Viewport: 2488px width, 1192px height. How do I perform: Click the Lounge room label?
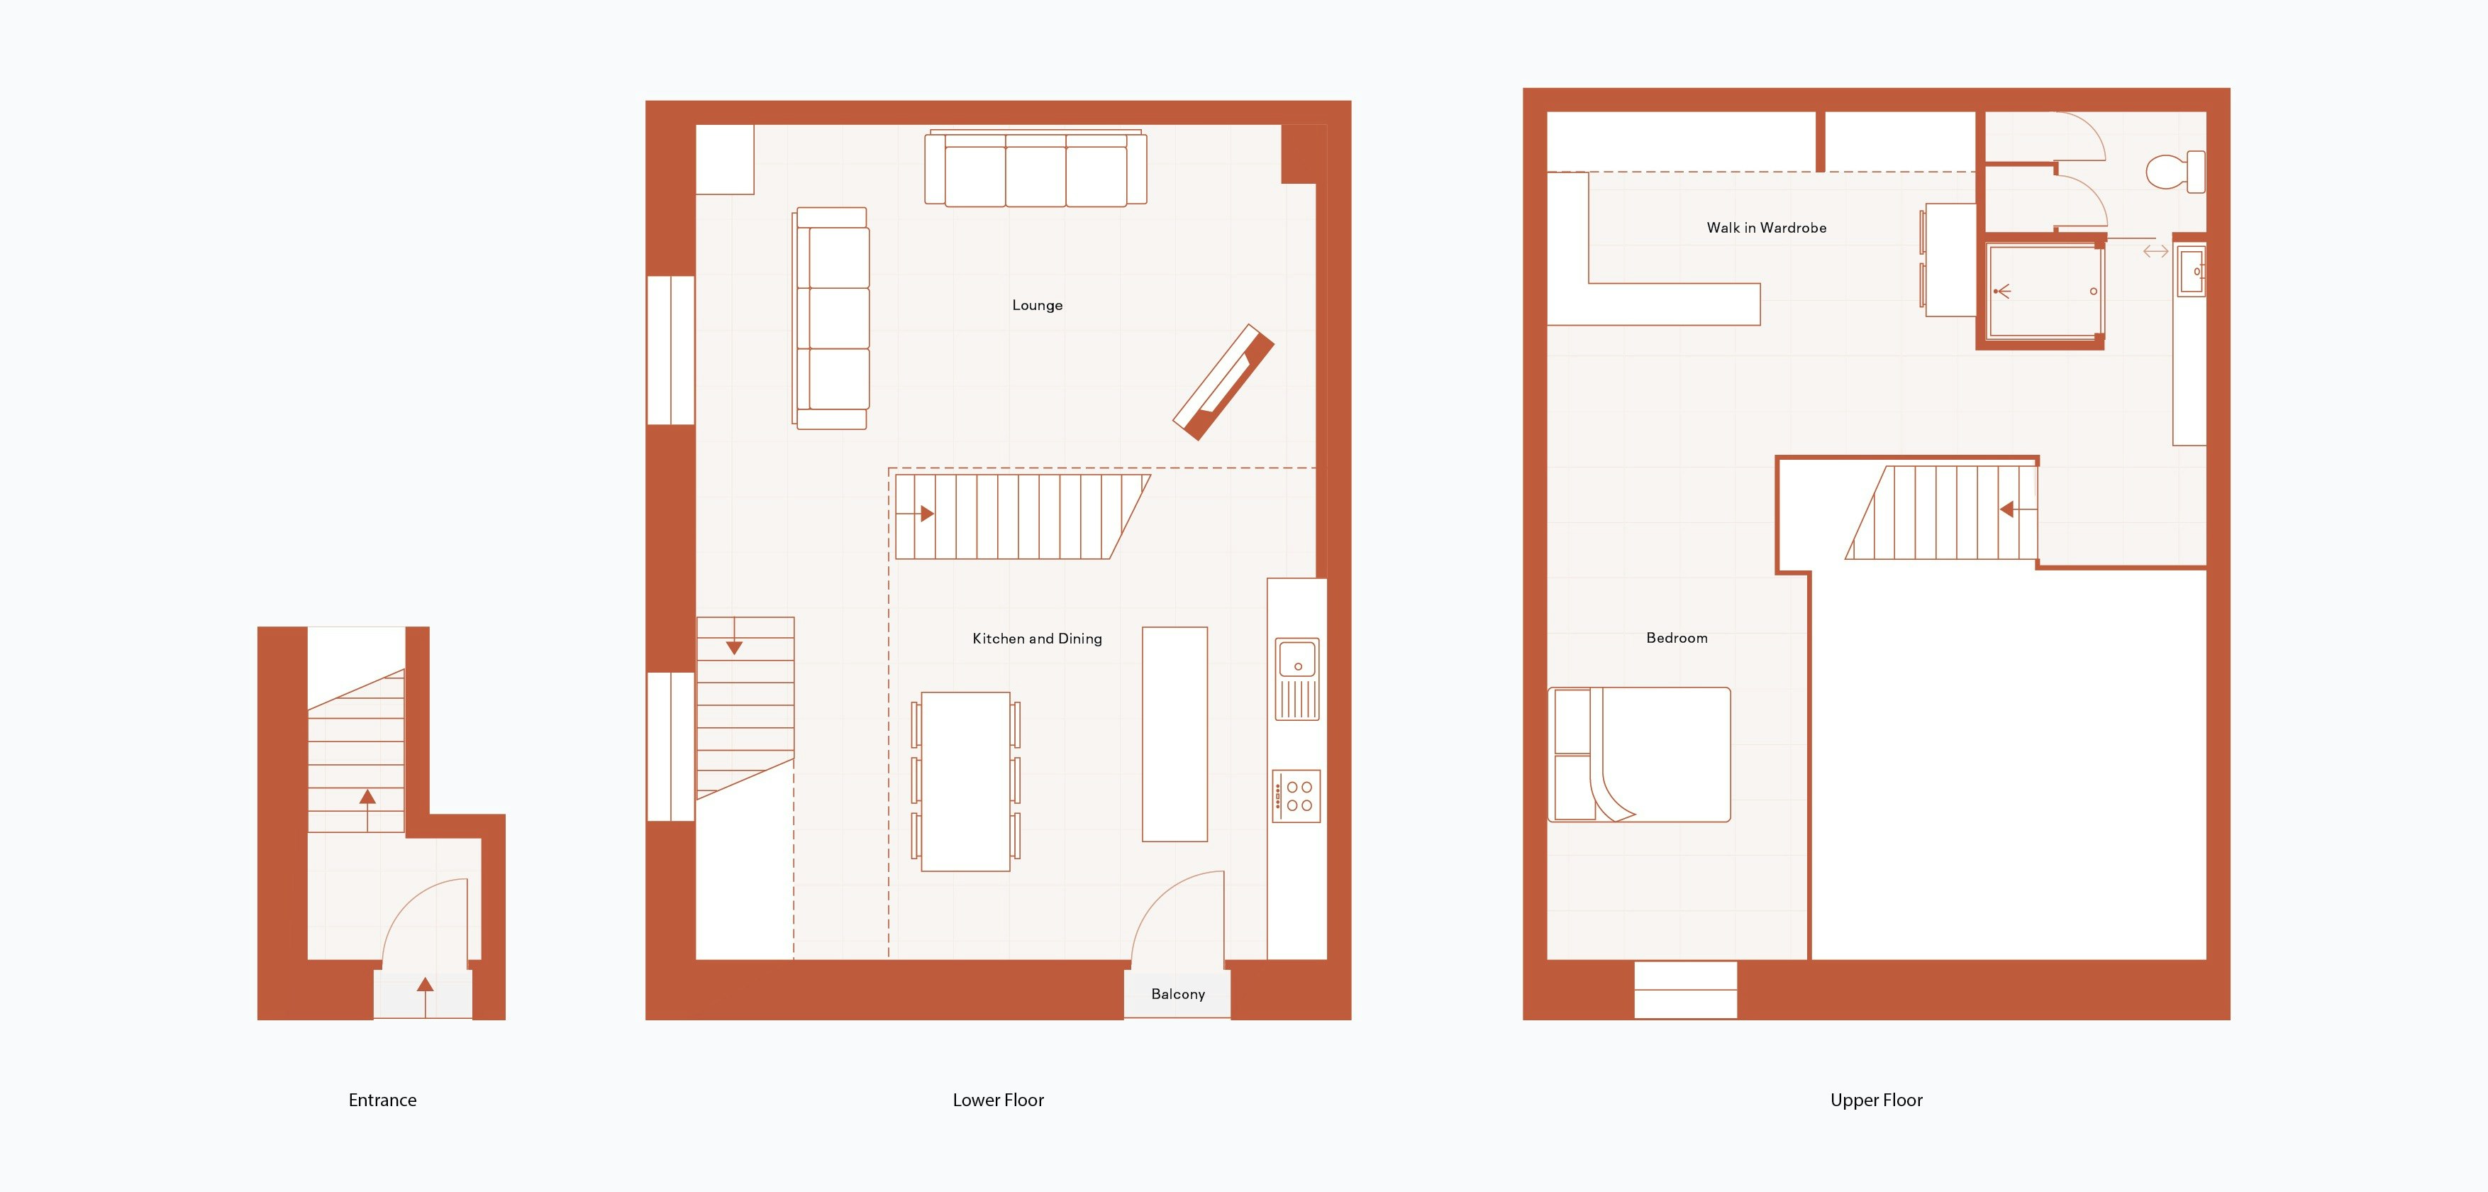pyautogui.click(x=1036, y=305)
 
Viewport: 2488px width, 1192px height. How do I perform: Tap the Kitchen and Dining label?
pyautogui.click(x=1036, y=639)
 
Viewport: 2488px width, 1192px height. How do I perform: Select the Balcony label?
pyautogui.click(x=1177, y=994)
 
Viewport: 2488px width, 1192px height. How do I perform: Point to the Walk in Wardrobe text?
pyautogui.click(x=1765, y=228)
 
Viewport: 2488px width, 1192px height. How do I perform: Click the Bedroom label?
pyautogui.click(x=1676, y=638)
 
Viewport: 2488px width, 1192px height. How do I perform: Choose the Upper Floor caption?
pyautogui.click(x=1876, y=1100)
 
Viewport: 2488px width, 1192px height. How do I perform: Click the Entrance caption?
pyautogui.click(x=382, y=1100)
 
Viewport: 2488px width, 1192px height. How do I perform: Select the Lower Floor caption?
pyautogui.click(x=998, y=1100)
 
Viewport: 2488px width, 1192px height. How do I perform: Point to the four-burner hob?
pyautogui.click(x=1297, y=796)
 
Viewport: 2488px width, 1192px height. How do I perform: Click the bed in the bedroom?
pyautogui.click(x=1642, y=754)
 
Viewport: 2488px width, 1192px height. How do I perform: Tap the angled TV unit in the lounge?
pyautogui.click(x=1223, y=382)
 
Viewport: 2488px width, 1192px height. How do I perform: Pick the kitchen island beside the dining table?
pyautogui.click(x=1174, y=734)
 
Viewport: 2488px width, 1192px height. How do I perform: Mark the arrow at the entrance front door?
pyautogui.click(x=425, y=986)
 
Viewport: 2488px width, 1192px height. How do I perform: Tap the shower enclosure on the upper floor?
pyautogui.click(x=2044, y=291)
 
